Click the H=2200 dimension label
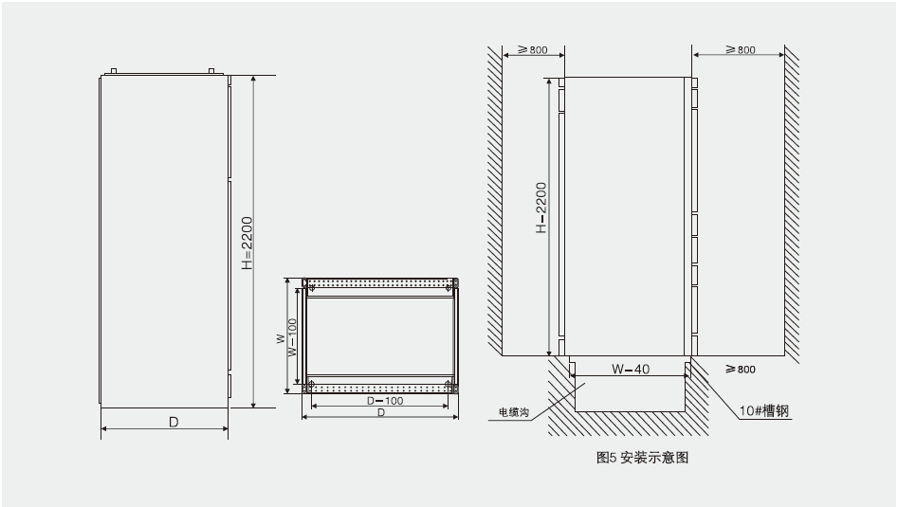click(x=246, y=242)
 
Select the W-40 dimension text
click(x=631, y=370)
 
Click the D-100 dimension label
click(x=380, y=401)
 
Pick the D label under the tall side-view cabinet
click(x=174, y=422)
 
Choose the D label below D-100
click(x=380, y=413)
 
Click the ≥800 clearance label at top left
click(x=531, y=50)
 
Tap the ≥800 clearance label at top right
click(x=740, y=50)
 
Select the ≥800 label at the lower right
click(x=740, y=369)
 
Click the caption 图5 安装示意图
click(x=642, y=457)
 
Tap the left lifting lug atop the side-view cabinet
click(x=113, y=70)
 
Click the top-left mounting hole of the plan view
click(x=307, y=283)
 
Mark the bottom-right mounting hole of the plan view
click(x=453, y=385)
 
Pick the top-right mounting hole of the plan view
click(x=453, y=283)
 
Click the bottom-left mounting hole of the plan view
click(x=307, y=385)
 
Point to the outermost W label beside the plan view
click(x=281, y=337)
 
